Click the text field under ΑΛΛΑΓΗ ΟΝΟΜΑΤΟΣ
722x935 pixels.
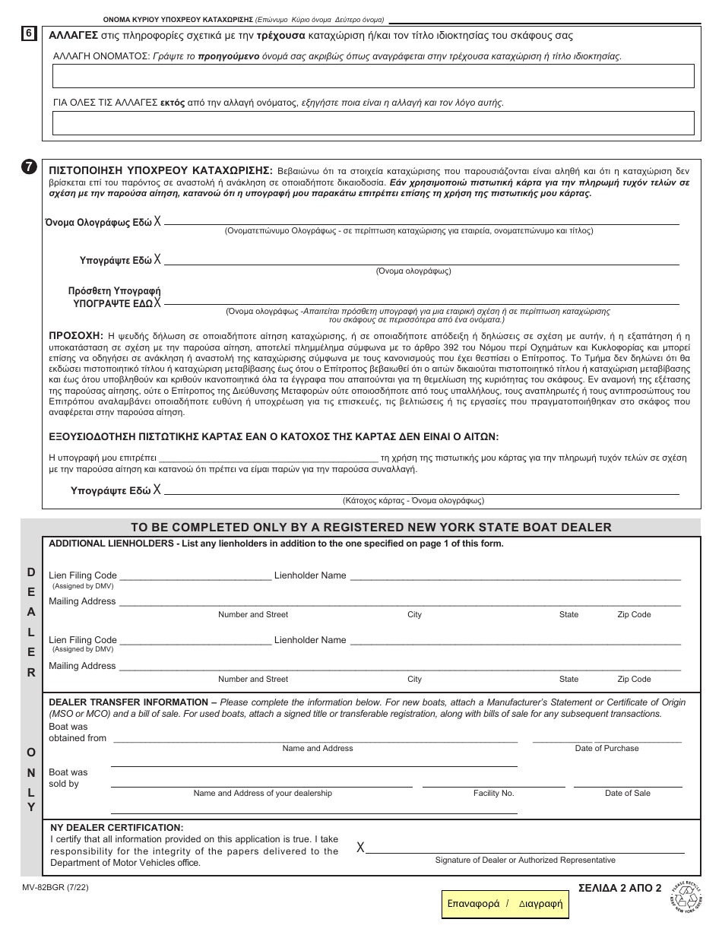[x=372, y=76]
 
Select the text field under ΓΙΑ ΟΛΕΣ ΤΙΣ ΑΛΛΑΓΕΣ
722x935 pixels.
[x=372, y=123]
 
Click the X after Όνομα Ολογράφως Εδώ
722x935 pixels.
[x=157, y=221]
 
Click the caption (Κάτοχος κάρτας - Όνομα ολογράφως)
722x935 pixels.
[x=413, y=501]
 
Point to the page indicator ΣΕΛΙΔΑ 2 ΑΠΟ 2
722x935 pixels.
[x=619, y=887]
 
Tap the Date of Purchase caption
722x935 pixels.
[x=606, y=748]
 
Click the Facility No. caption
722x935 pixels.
[x=493, y=793]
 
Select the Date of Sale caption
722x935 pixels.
[x=627, y=793]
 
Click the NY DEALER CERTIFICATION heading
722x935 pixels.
[x=116, y=827]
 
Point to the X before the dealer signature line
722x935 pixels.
[x=360, y=848]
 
